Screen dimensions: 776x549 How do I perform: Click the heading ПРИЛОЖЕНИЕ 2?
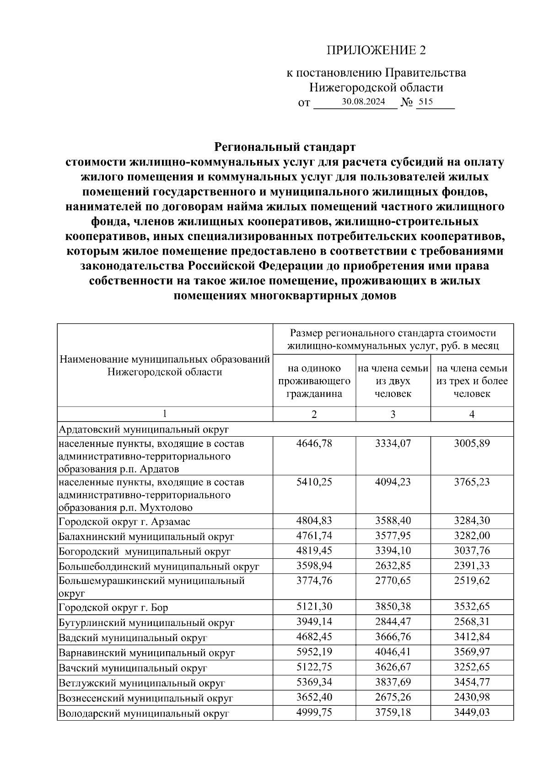pyautogui.click(x=376, y=50)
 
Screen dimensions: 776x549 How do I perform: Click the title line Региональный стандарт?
pyautogui.click(x=285, y=147)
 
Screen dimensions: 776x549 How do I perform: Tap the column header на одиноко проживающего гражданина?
pyautogui.click(x=314, y=381)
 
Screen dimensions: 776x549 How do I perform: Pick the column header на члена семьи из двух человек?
pyautogui.click(x=393, y=381)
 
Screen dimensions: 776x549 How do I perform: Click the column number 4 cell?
pyautogui.click(x=472, y=414)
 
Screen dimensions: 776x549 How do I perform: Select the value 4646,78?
pyautogui.click(x=314, y=444)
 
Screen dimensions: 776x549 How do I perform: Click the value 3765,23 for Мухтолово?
pyautogui.click(x=472, y=482)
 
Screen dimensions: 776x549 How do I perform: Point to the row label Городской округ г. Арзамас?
pyautogui.click(x=124, y=522)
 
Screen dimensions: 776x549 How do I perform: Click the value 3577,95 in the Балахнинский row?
pyautogui.click(x=393, y=536)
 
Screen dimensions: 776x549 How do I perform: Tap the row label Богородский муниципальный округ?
pyautogui.click(x=145, y=551)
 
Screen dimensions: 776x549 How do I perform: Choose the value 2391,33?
pyautogui.click(x=472, y=566)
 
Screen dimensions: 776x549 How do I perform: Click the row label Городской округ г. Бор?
pyautogui.click(x=113, y=608)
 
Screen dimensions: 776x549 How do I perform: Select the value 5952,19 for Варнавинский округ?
pyautogui.click(x=314, y=652)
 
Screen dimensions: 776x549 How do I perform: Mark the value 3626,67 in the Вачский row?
pyautogui.click(x=393, y=667)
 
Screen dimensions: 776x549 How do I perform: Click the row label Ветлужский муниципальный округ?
pyautogui.click(x=142, y=683)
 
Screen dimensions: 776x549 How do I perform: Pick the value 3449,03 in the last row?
pyautogui.click(x=472, y=712)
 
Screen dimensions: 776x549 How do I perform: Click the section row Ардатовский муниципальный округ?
pyautogui.click(x=143, y=429)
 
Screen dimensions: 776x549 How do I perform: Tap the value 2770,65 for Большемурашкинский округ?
pyautogui.click(x=393, y=581)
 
